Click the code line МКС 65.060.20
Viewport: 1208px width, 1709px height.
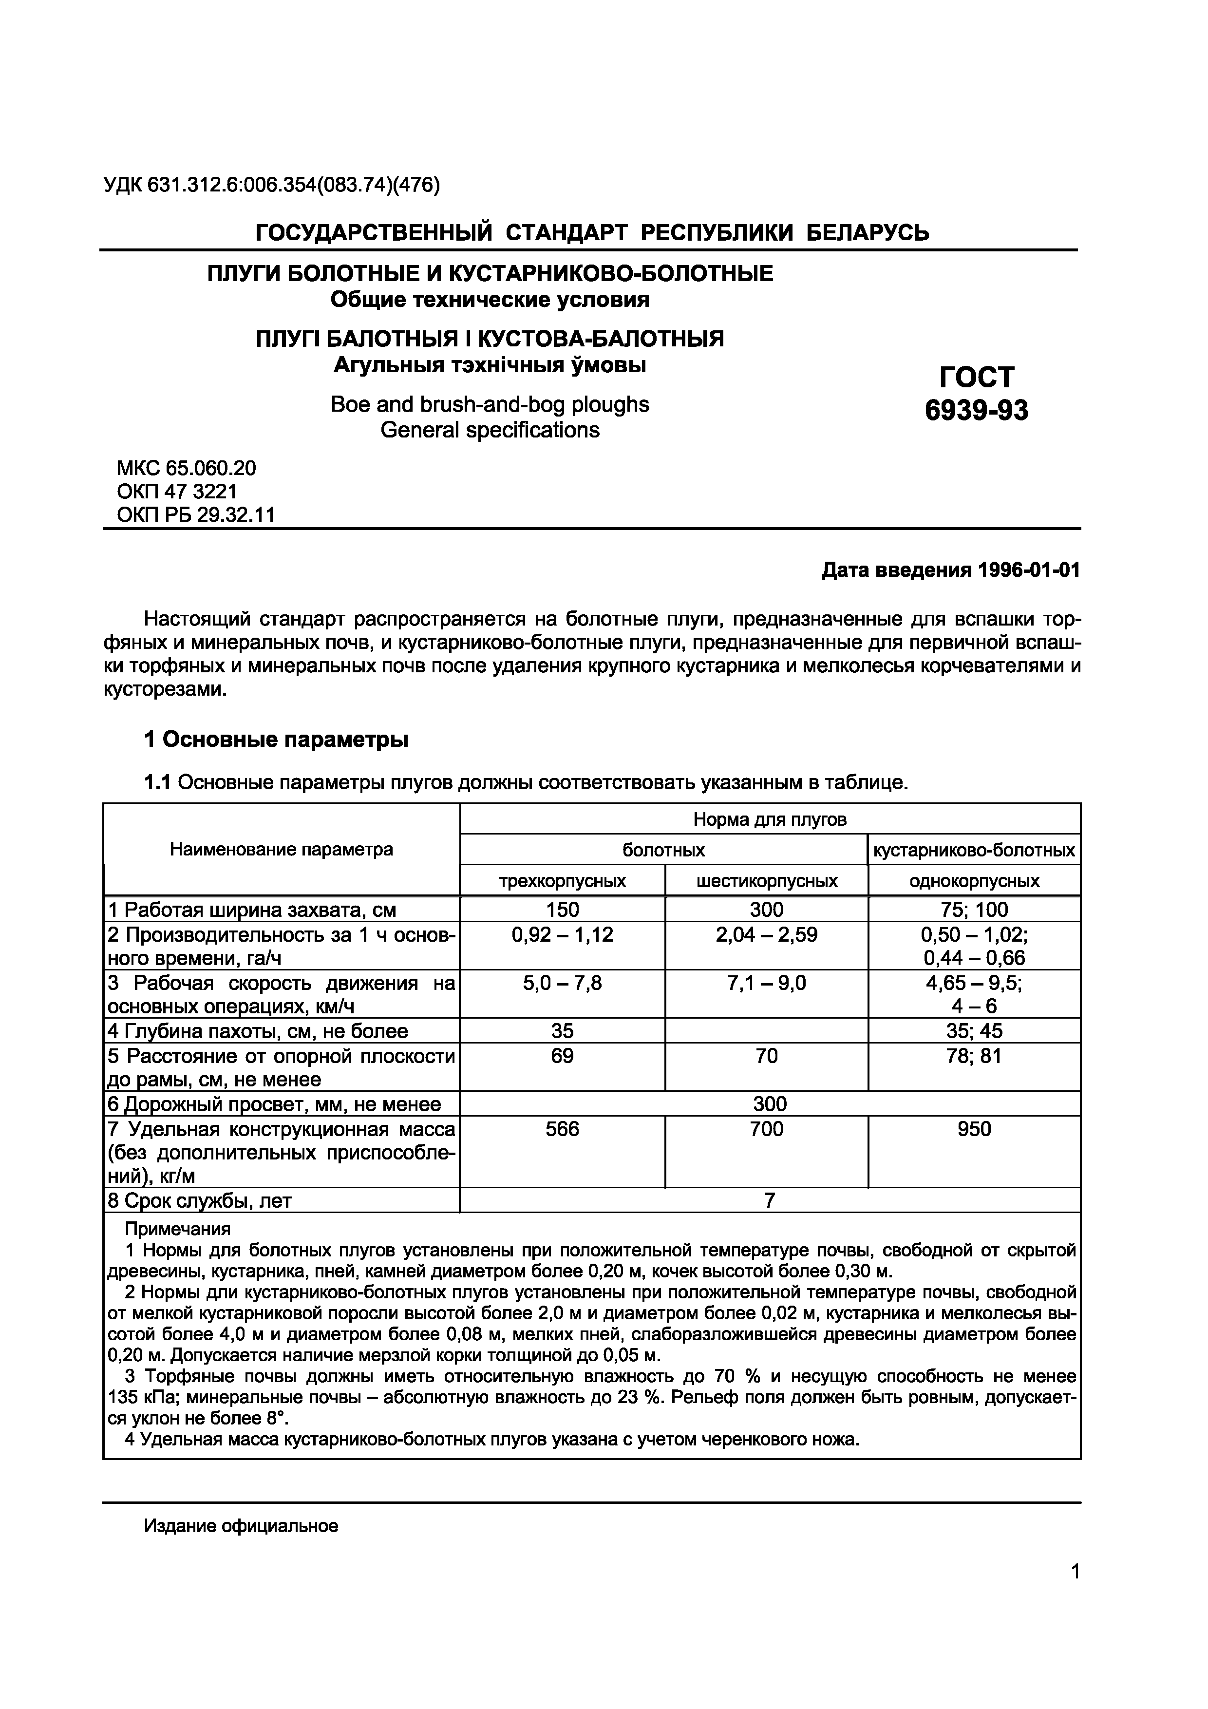(186, 468)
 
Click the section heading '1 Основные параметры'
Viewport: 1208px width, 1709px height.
(276, 740)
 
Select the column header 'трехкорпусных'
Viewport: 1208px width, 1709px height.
(562, 881)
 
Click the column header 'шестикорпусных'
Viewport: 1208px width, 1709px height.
(767, 881)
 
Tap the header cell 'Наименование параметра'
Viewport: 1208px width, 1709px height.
(282, 849)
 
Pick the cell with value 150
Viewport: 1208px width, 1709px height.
(562, 910)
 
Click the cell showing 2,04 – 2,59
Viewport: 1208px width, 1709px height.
(767, 935)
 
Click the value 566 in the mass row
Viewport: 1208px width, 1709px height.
(562, 1129)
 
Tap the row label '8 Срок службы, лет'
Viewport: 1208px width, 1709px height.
(200, 1200)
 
